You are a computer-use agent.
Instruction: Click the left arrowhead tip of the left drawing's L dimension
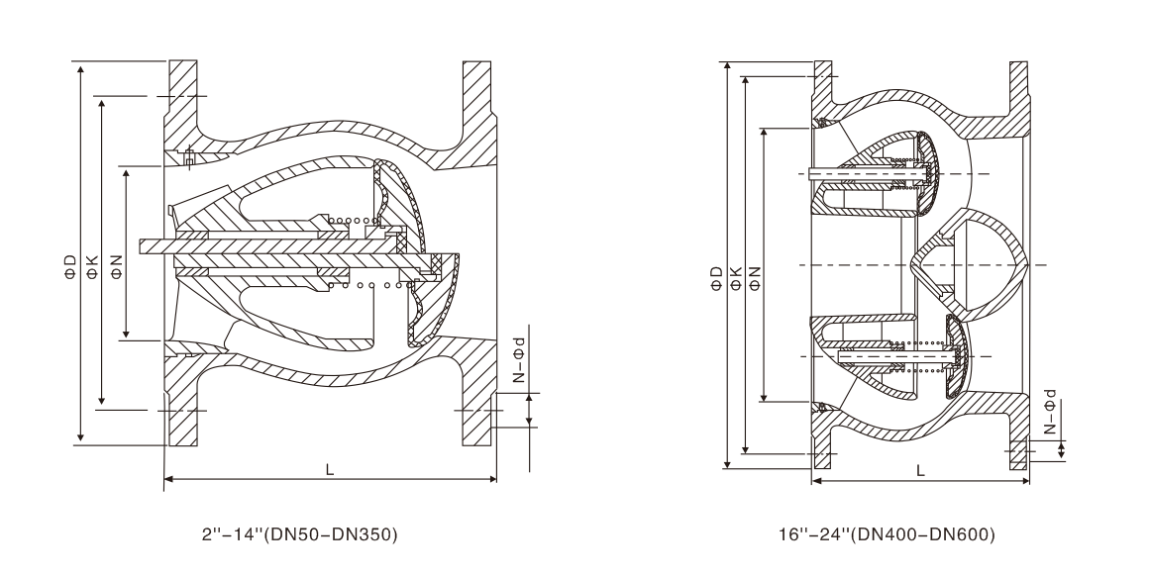click(x=163, y=479)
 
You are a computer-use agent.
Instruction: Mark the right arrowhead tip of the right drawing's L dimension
click(x=1029, y=481)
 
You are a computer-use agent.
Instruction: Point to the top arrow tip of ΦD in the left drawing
click(x=80, y=61)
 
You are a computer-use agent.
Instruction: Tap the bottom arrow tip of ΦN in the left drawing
click(x=127, y=339)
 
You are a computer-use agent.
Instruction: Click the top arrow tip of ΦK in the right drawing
click(x=745, y=76)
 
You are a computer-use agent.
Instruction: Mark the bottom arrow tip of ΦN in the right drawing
click(x=765, y=401)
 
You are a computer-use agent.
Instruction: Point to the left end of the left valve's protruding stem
click(x=139, y=245)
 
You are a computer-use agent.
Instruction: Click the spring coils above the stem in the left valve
click(x=353, y=221)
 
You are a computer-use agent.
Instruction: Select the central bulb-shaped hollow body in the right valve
click(x=968, y=264)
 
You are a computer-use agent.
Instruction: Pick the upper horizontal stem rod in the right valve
click(x=864, y=174)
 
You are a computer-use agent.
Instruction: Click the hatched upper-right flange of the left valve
click(x=477, y=114)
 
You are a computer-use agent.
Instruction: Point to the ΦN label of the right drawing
click(x=755, y=277)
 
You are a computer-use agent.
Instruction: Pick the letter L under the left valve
click(x=330, y=470)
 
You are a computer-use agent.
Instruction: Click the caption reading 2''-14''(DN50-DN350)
click(x=299, y=534)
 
